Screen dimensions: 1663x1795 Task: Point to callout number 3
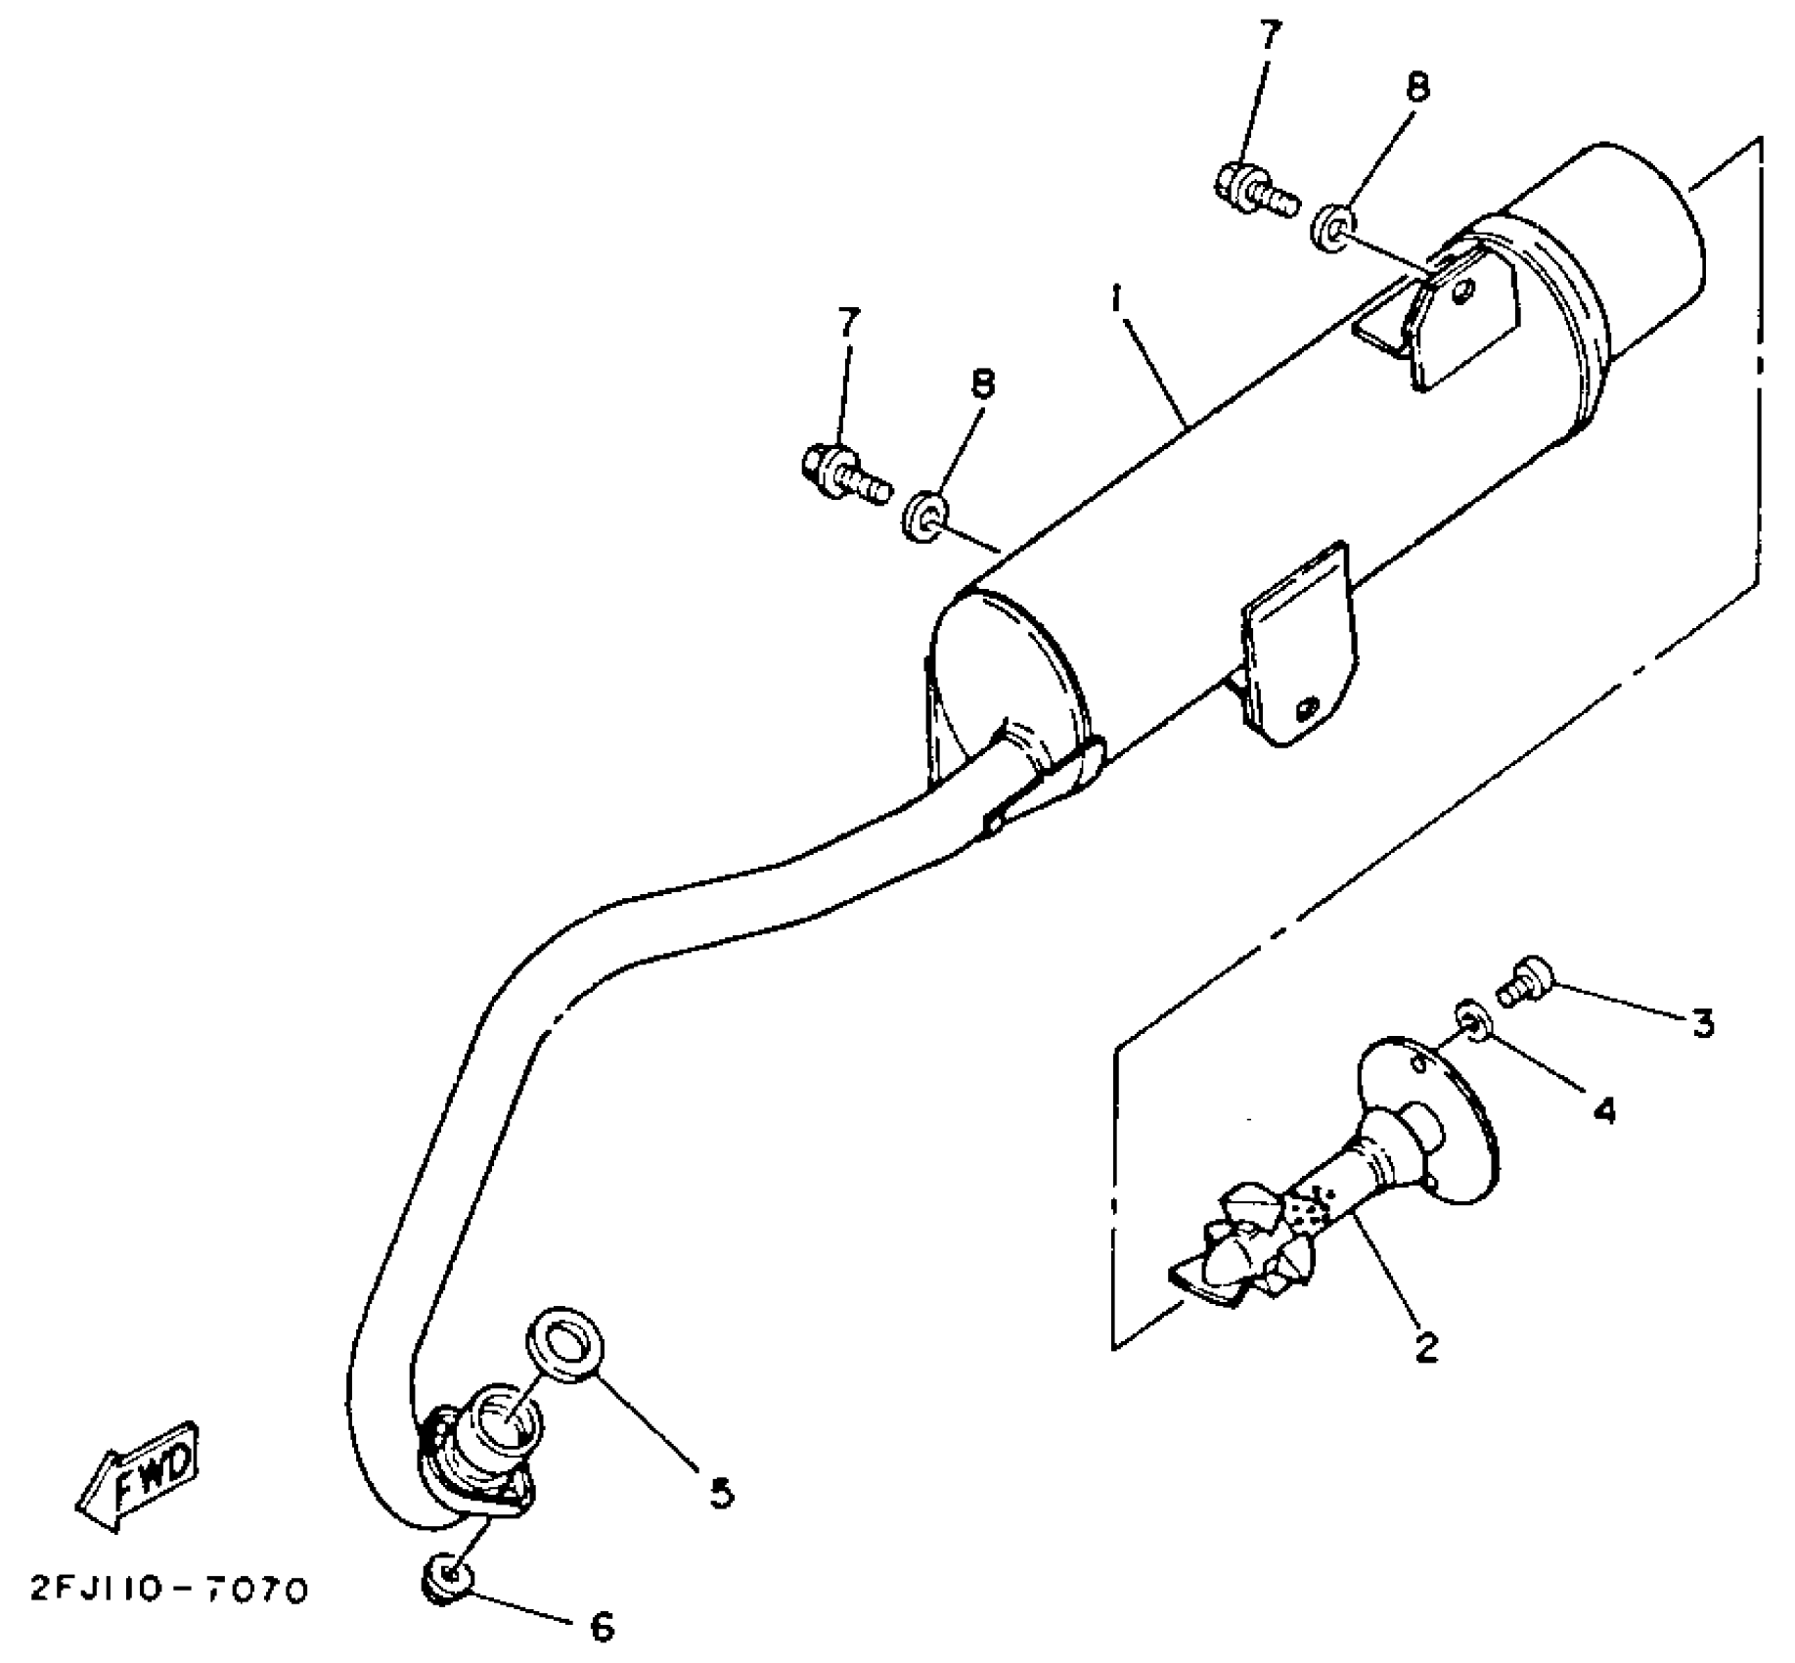1703,1024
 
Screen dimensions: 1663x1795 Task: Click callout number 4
1604,1109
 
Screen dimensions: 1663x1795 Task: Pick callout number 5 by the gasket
719,1494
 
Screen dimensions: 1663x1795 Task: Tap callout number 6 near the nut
603,1626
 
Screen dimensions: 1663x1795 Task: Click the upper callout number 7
1269,38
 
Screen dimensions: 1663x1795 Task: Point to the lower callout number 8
982,384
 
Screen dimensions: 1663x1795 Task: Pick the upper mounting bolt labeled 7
1254,192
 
